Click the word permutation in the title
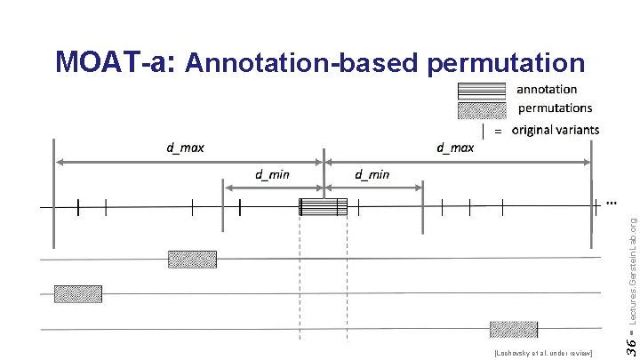click(506, 64)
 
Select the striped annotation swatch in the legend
click(482, 90)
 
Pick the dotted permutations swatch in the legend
click(482, 110)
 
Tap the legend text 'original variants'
click(556, 130)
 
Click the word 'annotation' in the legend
click(547, 89)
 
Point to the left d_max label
click(185, 148)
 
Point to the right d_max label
click(455, 148)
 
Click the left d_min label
click(272, 174)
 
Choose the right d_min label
click(372, 174)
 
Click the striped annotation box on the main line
click(324, 207)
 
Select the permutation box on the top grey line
click(192, 260)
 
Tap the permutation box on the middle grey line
click(78, 293)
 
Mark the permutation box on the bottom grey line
click(514, 329)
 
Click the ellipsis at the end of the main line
click(612, 203)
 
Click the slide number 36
click(628, 341)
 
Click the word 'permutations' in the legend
click(555, 108)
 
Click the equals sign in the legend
click(498, 132)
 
